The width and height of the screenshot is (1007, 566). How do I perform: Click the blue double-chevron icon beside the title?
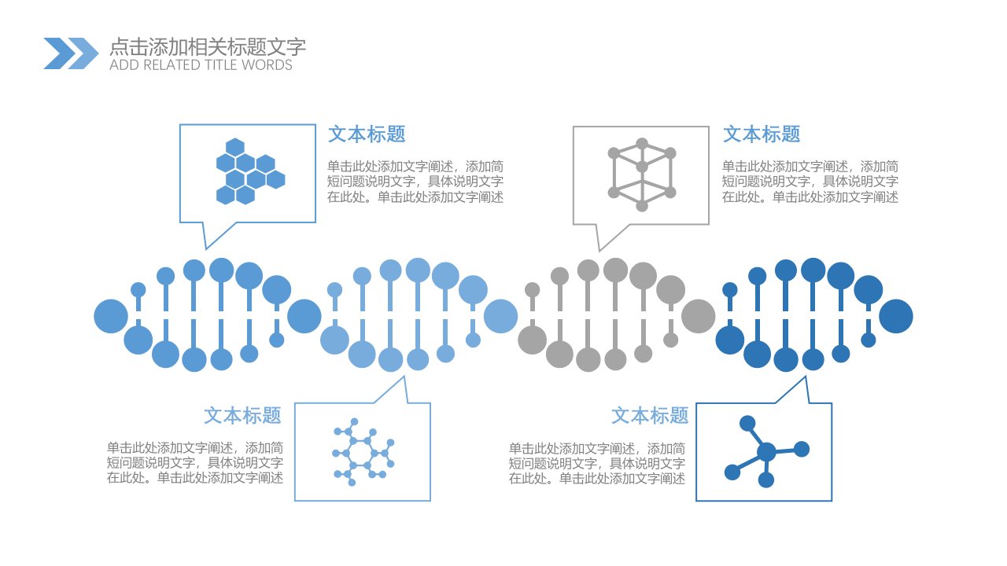(71, 53)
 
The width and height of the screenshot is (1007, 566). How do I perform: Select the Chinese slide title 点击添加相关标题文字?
(208, 46)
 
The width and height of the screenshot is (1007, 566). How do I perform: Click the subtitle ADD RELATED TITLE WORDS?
(201, 65)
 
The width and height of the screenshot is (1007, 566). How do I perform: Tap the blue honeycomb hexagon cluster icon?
(250, 171)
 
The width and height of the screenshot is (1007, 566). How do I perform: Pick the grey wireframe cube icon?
(642, 175)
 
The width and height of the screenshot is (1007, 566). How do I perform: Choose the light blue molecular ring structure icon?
(363, 452)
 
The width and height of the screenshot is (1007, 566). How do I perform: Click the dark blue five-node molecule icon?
(767, 451)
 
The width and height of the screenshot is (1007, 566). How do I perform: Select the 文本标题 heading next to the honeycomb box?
(367, 134)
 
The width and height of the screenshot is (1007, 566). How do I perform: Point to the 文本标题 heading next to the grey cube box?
(762, 134)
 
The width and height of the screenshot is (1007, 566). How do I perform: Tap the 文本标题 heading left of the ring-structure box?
(243, 416)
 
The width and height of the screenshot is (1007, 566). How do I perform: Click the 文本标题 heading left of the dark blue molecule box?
(650, 416)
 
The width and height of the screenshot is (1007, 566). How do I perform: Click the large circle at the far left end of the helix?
(111, 316)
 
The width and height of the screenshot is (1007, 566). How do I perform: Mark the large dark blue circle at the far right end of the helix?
(896, 316)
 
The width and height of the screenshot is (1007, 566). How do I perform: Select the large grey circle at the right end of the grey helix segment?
(698, 316)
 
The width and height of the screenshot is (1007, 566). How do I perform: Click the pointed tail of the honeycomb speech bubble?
(206, 248)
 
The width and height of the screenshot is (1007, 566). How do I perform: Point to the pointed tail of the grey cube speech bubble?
(599, 250)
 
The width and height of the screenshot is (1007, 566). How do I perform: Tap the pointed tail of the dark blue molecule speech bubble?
(805, 378)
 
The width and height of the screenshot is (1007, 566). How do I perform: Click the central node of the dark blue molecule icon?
(766, 452)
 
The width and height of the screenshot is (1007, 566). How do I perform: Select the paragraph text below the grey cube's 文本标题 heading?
(810, 182)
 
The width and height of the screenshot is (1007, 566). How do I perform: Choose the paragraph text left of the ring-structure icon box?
(195, 463)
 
